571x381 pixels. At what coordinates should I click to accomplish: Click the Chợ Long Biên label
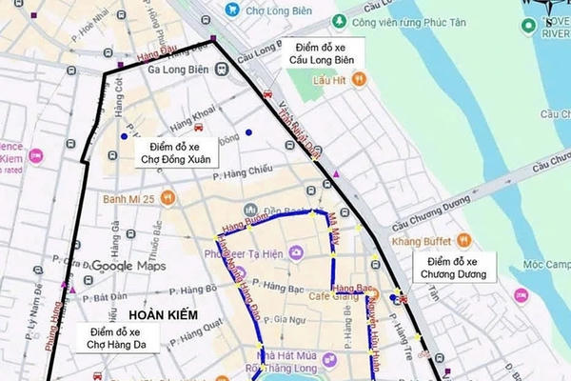276,10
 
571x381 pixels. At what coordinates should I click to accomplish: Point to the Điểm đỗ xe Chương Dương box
457,268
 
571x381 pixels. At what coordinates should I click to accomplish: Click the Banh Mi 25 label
130,198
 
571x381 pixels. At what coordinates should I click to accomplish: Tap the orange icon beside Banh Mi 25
167,198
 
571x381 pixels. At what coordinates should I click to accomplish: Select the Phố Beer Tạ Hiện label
246,252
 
